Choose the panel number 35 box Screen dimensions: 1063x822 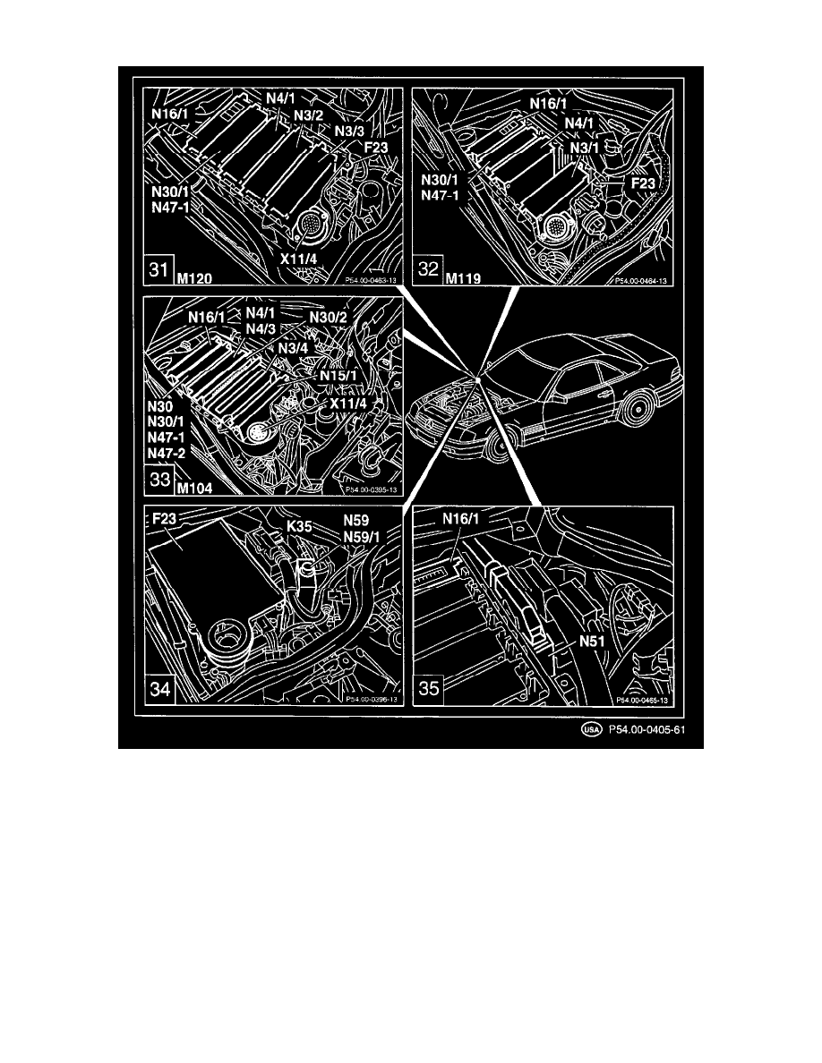(x=429, y=691)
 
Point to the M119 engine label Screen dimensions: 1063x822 (x=463, y=278)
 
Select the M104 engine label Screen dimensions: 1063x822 (x=194, y=489)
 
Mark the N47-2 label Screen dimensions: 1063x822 (x=167, y=455)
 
